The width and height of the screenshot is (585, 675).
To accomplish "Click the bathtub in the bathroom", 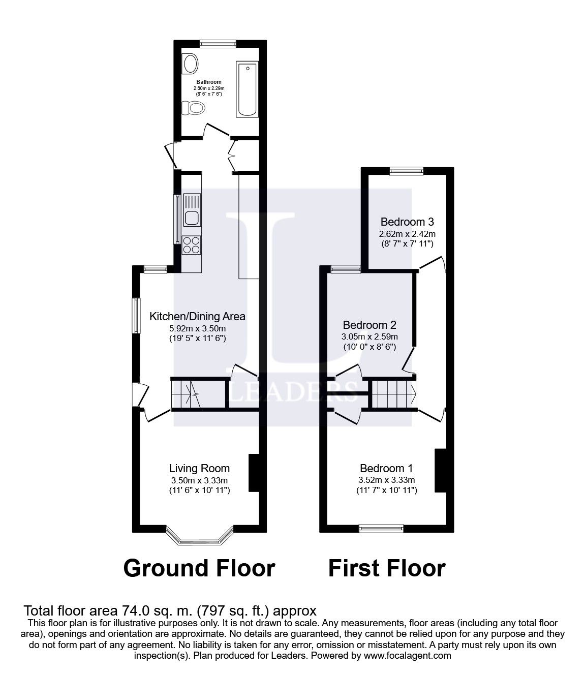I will click(x=248, y=89).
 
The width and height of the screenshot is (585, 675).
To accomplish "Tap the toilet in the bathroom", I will click(x=195, y=108).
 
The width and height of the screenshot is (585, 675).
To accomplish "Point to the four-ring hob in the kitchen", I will click(x=192, y=246).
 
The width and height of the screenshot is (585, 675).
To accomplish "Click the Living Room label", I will click(x=199, y=468).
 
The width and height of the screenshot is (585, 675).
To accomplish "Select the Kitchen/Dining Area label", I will click(x=197, y=316).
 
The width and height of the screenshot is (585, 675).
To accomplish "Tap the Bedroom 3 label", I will click(x=407, y=222).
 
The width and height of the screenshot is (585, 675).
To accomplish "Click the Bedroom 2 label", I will click(x=370, y=325).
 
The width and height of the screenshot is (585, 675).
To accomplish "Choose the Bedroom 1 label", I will click(x=386, y=468).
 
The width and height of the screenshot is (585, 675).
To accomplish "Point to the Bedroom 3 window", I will click(x=407, y=171).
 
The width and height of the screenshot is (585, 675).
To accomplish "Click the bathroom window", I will click(x=218, y=44).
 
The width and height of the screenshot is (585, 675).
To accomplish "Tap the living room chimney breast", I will click(x=253, y=473).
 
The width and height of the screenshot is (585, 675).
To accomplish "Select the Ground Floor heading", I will click(x=199, y=568).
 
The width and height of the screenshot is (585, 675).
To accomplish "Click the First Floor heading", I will click(x=387, y=568).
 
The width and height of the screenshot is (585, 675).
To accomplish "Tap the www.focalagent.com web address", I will click(x=408, y=655).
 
